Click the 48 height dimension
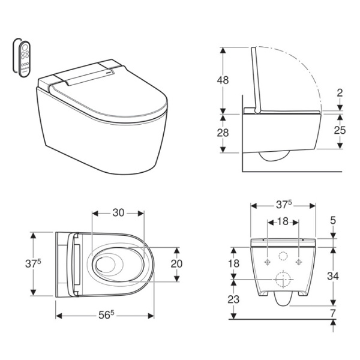pyautogui.click(x=223, y=80)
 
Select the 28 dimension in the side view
pyautogui.click(x=223, y=133)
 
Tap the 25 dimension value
pyautogui.click(x=340, y=130)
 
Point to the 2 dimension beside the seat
pyautogui.click(x=340, y=93)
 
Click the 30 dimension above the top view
pyautogui.click(x=118, y=213)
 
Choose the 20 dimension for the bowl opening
pyautogui.click(x=176, y=264)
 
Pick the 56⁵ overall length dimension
pyautogui.click(x=106, y=315)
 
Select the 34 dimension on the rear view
pyautogui.click(x=332, y=276)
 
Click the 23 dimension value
pyautogui.click(x=233, y=299)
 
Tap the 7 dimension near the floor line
pyautogui.click(x=333, y=313)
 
